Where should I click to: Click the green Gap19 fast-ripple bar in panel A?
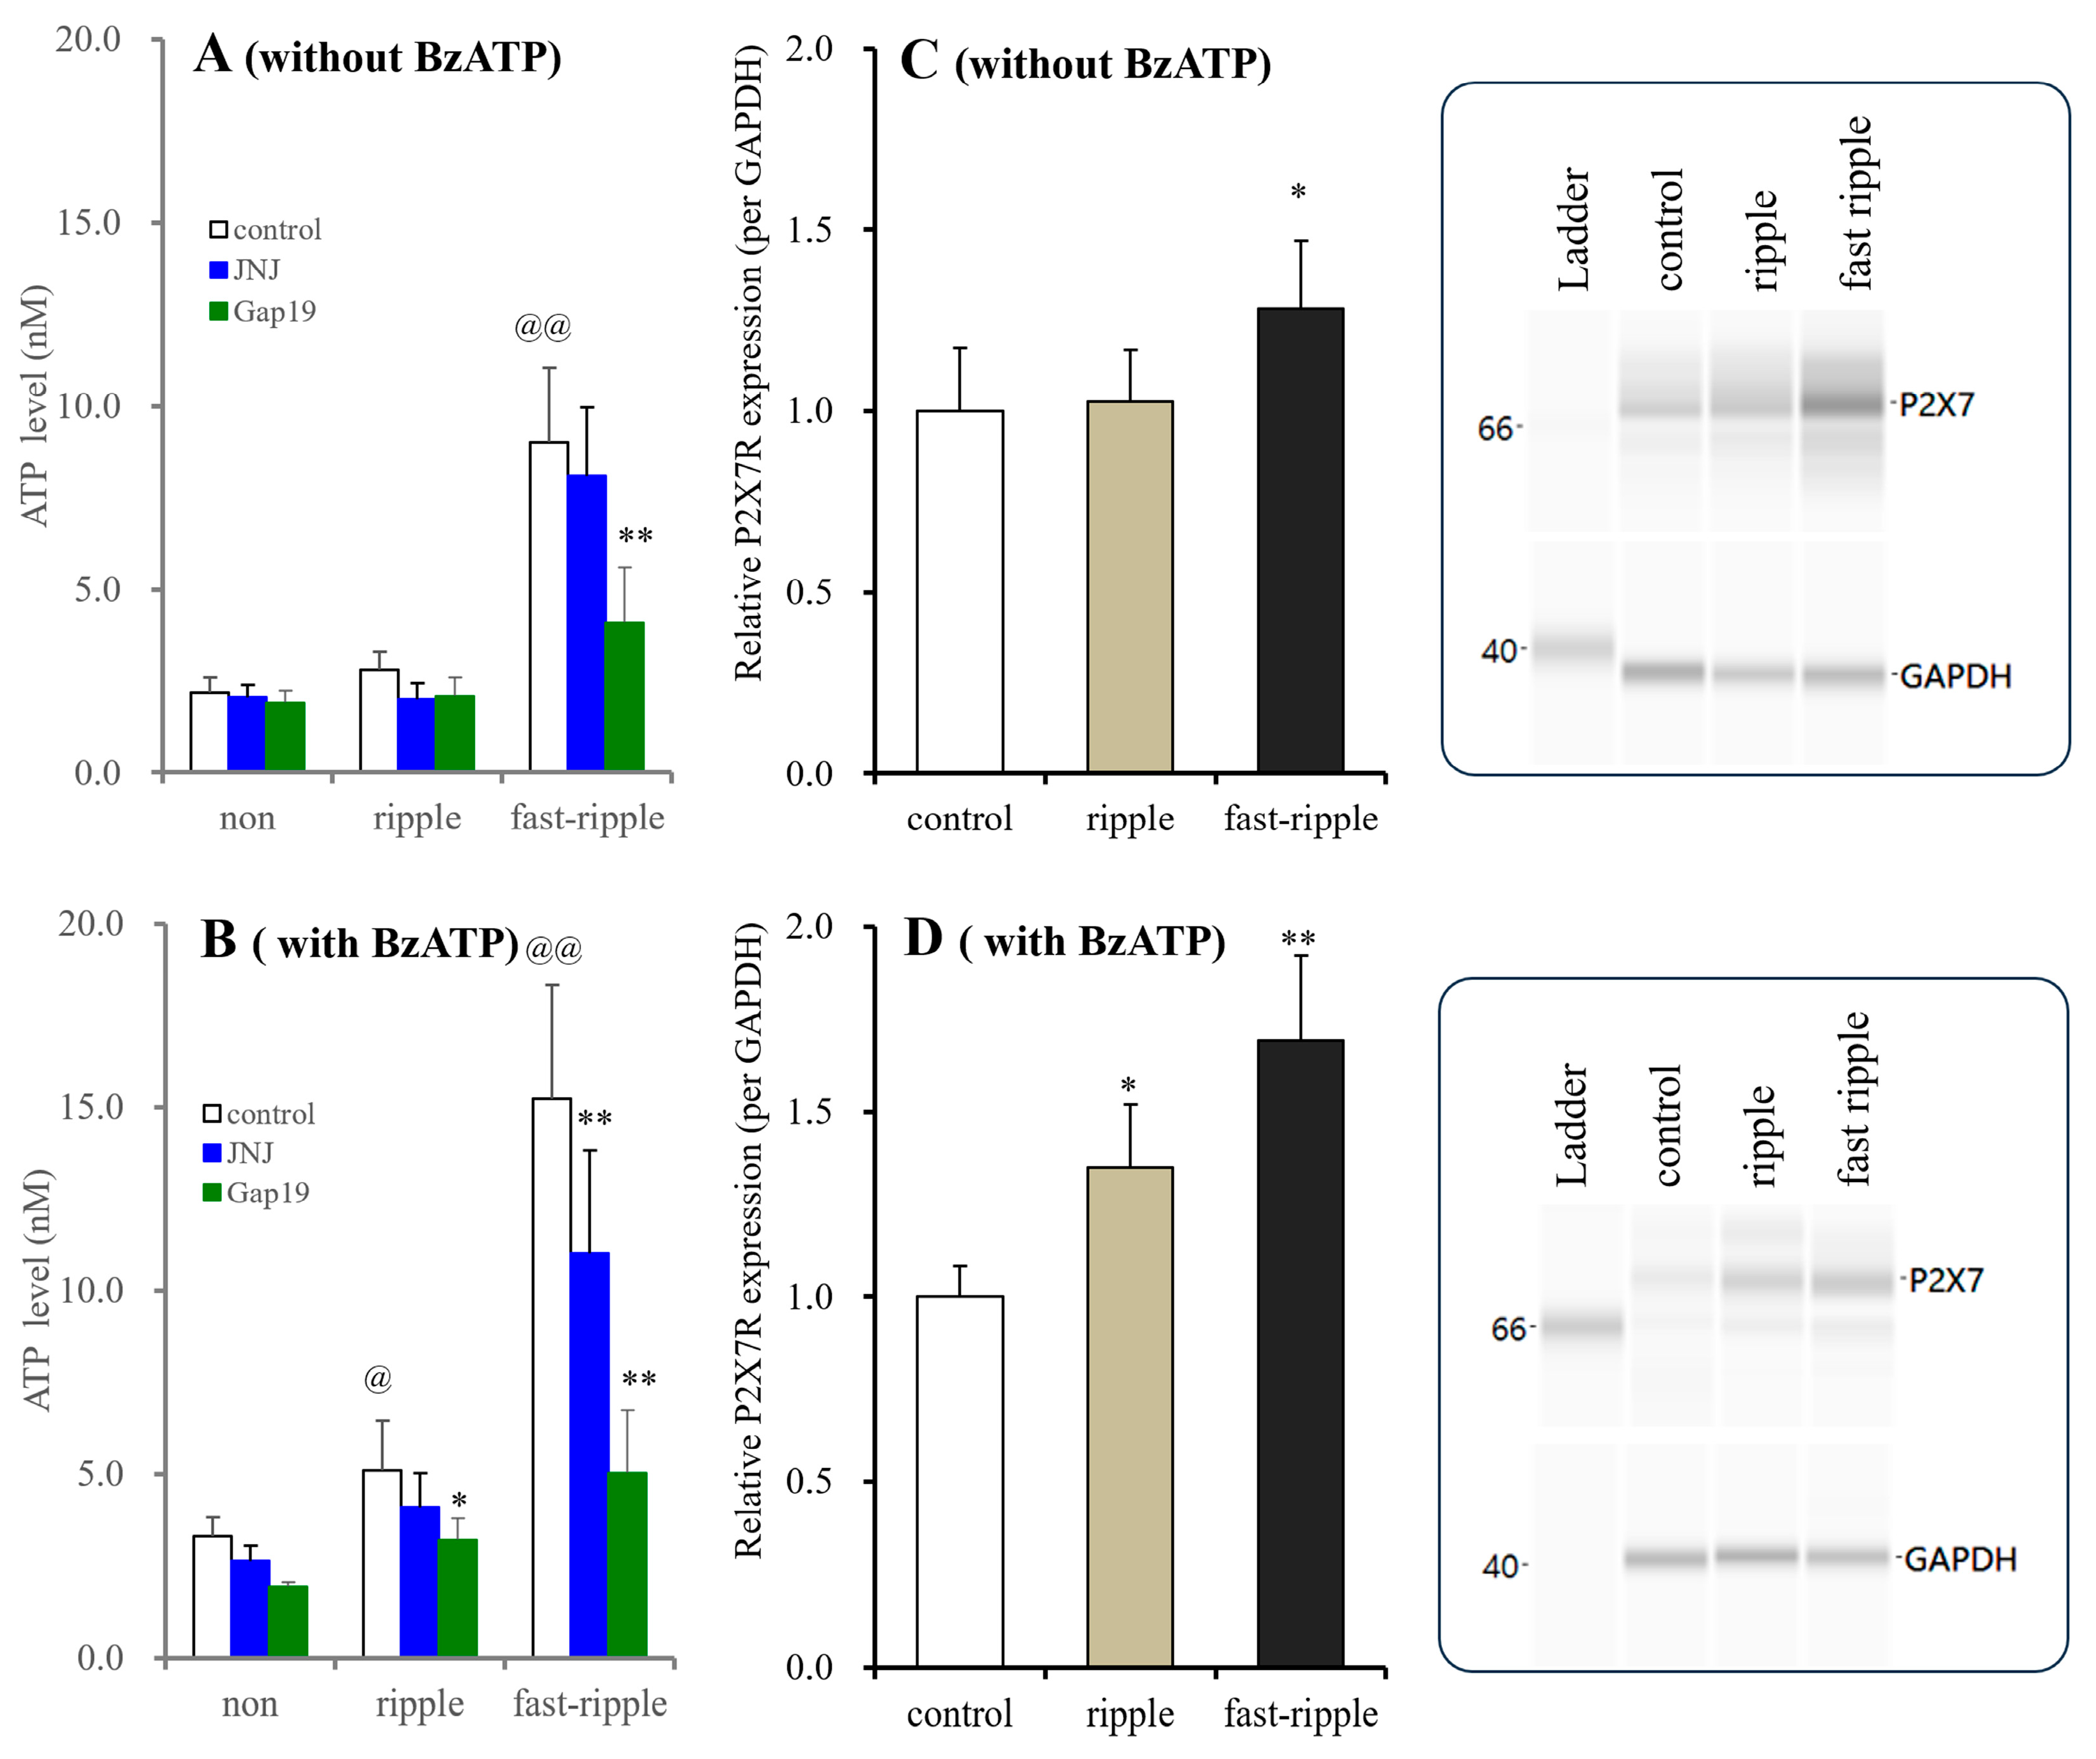[x=624, y=696]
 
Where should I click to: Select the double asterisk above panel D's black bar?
[x=1299, y=940]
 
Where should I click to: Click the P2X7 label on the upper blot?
[x=1936, y=404]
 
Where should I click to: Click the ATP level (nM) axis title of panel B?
[x=37, y=1289]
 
